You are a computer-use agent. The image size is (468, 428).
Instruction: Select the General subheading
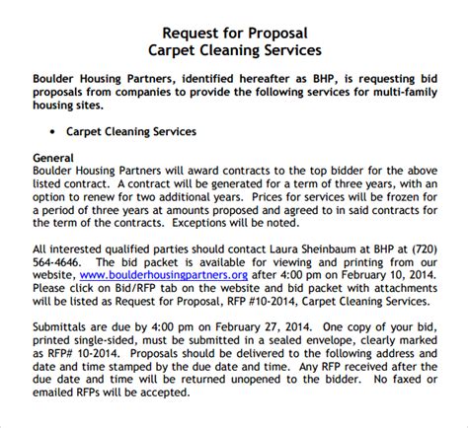tap(54, 157)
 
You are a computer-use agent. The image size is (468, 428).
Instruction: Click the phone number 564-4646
tap(55, 263)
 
